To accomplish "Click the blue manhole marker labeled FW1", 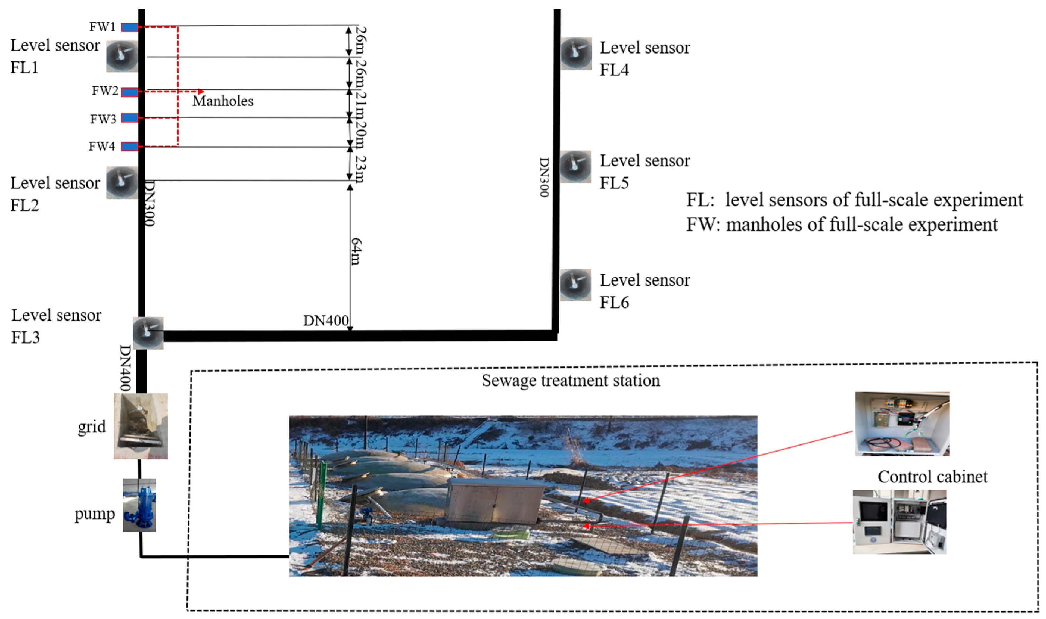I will pos(130,27).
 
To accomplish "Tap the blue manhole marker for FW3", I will pos(130,118).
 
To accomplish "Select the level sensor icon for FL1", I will pos(122,57).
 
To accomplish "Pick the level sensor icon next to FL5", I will pos(575,167).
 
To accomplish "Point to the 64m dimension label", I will pos(356,251).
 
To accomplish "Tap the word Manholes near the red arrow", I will pos(223,101).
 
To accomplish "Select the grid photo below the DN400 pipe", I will pos(141,426).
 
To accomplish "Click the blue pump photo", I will pos(139,505).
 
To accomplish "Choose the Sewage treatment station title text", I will pos(571,381).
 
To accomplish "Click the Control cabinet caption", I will pos(932,477).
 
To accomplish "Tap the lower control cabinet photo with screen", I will pos(899,522).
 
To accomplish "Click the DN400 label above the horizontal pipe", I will pos(325,321).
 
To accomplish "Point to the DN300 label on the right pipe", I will pos(544,177).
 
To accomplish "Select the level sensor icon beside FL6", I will pos(575,285).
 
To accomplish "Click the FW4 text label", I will pos(101,146).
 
